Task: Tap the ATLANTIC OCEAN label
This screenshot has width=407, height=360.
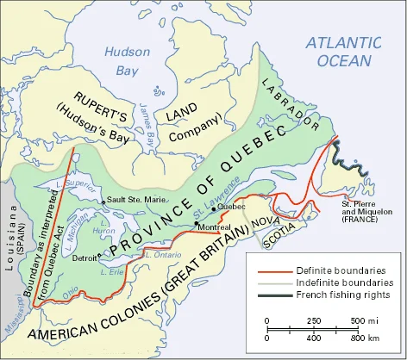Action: [x=342, y=51]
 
